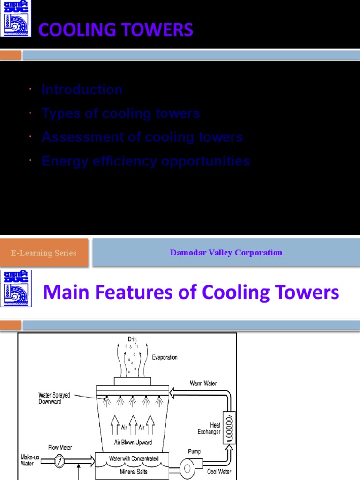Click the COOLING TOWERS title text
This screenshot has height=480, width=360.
click(x=115, y=30)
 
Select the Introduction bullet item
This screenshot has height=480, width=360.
click(x=82, y=90)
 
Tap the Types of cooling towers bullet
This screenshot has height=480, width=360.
click(x=120, y=113)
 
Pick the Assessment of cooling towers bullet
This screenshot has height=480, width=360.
click(x=142, y=137)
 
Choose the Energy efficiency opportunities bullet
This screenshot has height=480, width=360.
click(x=145, y=161)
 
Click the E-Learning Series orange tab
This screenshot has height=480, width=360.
click(x=44, y=253)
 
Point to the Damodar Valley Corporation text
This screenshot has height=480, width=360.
click(x=226, y=253)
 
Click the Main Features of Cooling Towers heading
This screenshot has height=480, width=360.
click(x=190, y=293)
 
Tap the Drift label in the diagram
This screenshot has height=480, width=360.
click(x=133, y=338)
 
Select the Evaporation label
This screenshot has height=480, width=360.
click(x=165, y=357)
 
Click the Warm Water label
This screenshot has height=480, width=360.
click(x=203, y=383)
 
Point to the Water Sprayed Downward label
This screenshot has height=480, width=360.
click(x=54, y=398)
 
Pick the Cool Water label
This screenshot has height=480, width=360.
click(x=219, y=472)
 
